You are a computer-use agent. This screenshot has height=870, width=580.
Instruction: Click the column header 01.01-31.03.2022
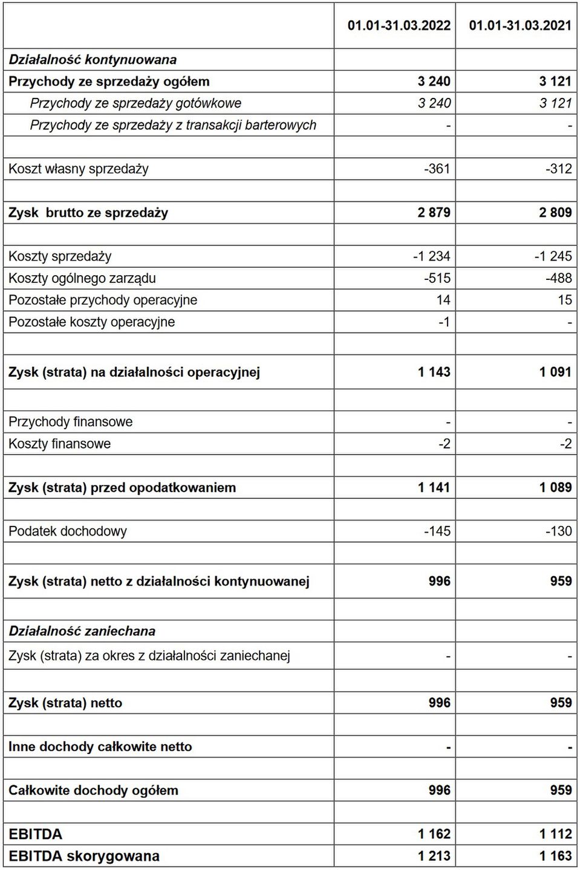(399, 25)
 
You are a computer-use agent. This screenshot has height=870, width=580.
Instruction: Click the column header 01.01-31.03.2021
(520, 25)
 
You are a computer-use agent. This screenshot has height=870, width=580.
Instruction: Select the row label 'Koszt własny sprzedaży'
(79, 169)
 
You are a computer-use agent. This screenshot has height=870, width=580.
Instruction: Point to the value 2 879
(434, 213)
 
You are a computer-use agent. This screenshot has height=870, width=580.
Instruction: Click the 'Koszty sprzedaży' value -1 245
(553, 256)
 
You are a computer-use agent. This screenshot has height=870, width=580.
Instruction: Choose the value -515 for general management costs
(437, 278)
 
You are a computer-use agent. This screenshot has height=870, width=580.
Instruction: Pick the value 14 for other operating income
(443, 300)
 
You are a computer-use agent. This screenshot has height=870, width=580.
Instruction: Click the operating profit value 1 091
(555, 372)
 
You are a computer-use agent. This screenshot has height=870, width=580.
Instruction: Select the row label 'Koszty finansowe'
(60, 444)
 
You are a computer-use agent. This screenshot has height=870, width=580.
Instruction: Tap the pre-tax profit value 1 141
(434, 487)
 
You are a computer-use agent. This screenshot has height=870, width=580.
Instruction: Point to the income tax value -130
(558, 531)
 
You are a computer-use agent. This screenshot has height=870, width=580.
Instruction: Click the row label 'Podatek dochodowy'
(68, 531)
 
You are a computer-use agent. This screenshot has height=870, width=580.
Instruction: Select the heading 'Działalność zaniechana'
(82, 631)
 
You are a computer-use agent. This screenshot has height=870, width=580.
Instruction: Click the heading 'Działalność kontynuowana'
(93, 60)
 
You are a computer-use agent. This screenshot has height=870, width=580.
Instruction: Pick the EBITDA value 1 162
(434, 834)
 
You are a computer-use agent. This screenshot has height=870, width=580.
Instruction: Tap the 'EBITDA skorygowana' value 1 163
(555, 856)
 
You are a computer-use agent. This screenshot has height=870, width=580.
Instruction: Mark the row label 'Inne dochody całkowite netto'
(100, 747)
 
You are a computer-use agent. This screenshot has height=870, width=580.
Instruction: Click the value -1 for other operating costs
(444, 322)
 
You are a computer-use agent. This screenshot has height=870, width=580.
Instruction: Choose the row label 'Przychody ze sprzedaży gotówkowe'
(135, 103)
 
